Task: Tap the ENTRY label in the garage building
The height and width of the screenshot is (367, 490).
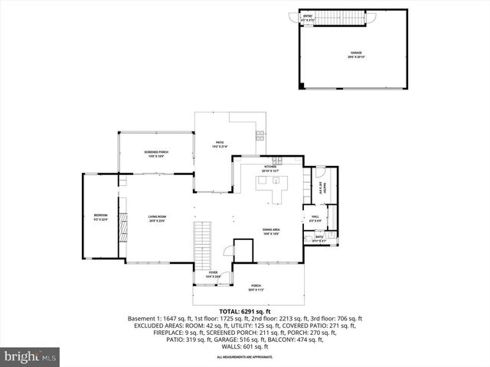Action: tap(309, 17)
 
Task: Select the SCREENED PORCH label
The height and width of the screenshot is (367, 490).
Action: tap(156, 154)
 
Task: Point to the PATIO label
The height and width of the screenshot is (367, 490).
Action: tap(219, 143)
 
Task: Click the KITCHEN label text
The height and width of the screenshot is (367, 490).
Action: tap(270, 168)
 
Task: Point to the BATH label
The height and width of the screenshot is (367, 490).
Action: tap(319, 238)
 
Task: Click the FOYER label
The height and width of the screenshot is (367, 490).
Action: tap(213, 272)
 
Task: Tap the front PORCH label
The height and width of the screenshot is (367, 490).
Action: tap(256, 287)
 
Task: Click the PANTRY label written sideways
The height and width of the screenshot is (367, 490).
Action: tap(324, 188)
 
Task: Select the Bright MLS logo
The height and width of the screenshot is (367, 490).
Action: tap(31, 356)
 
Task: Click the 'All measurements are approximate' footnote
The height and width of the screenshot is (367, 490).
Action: tap(245, 357)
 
